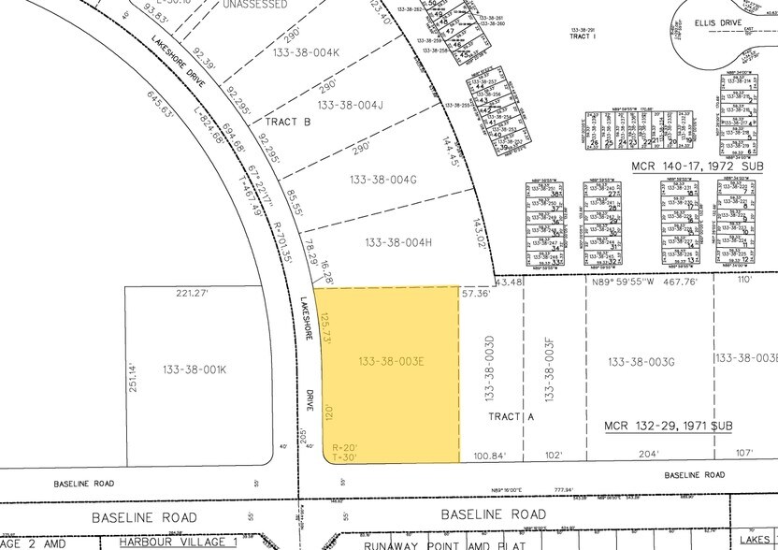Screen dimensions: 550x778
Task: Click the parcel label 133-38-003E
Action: click(391, 360)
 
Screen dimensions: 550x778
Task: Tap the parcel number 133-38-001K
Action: click(194, 369)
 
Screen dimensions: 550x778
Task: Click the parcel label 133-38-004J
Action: click(351, 105)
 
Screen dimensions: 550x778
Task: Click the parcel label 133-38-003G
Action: click(641, 362)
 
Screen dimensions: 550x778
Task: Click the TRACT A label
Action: click(511, 418)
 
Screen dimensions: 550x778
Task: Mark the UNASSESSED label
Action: click(255, 5)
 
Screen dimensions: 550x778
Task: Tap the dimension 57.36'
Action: click(475, 293)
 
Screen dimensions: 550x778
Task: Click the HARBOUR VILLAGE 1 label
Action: click(178, 542)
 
